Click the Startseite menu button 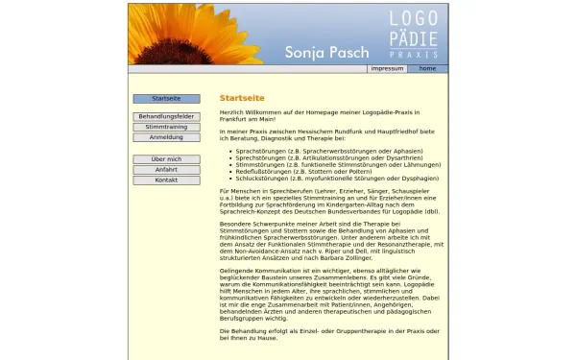(x=166, y=99)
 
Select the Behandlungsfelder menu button (x=166, y=116)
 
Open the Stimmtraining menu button (x=166, y=127)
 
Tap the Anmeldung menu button (x=166, y=137)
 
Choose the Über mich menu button (x=166, y=159)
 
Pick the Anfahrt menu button (x=166, y=170)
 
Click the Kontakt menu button (x=166, y=180)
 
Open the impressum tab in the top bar (x=387, y=69)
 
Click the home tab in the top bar (x=427, y=69)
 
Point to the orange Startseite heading (x=242, y=98)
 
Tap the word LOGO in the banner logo (x=413, y=19)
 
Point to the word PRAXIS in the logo (x=413, y=57)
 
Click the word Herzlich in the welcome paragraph (x=231, y=112)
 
